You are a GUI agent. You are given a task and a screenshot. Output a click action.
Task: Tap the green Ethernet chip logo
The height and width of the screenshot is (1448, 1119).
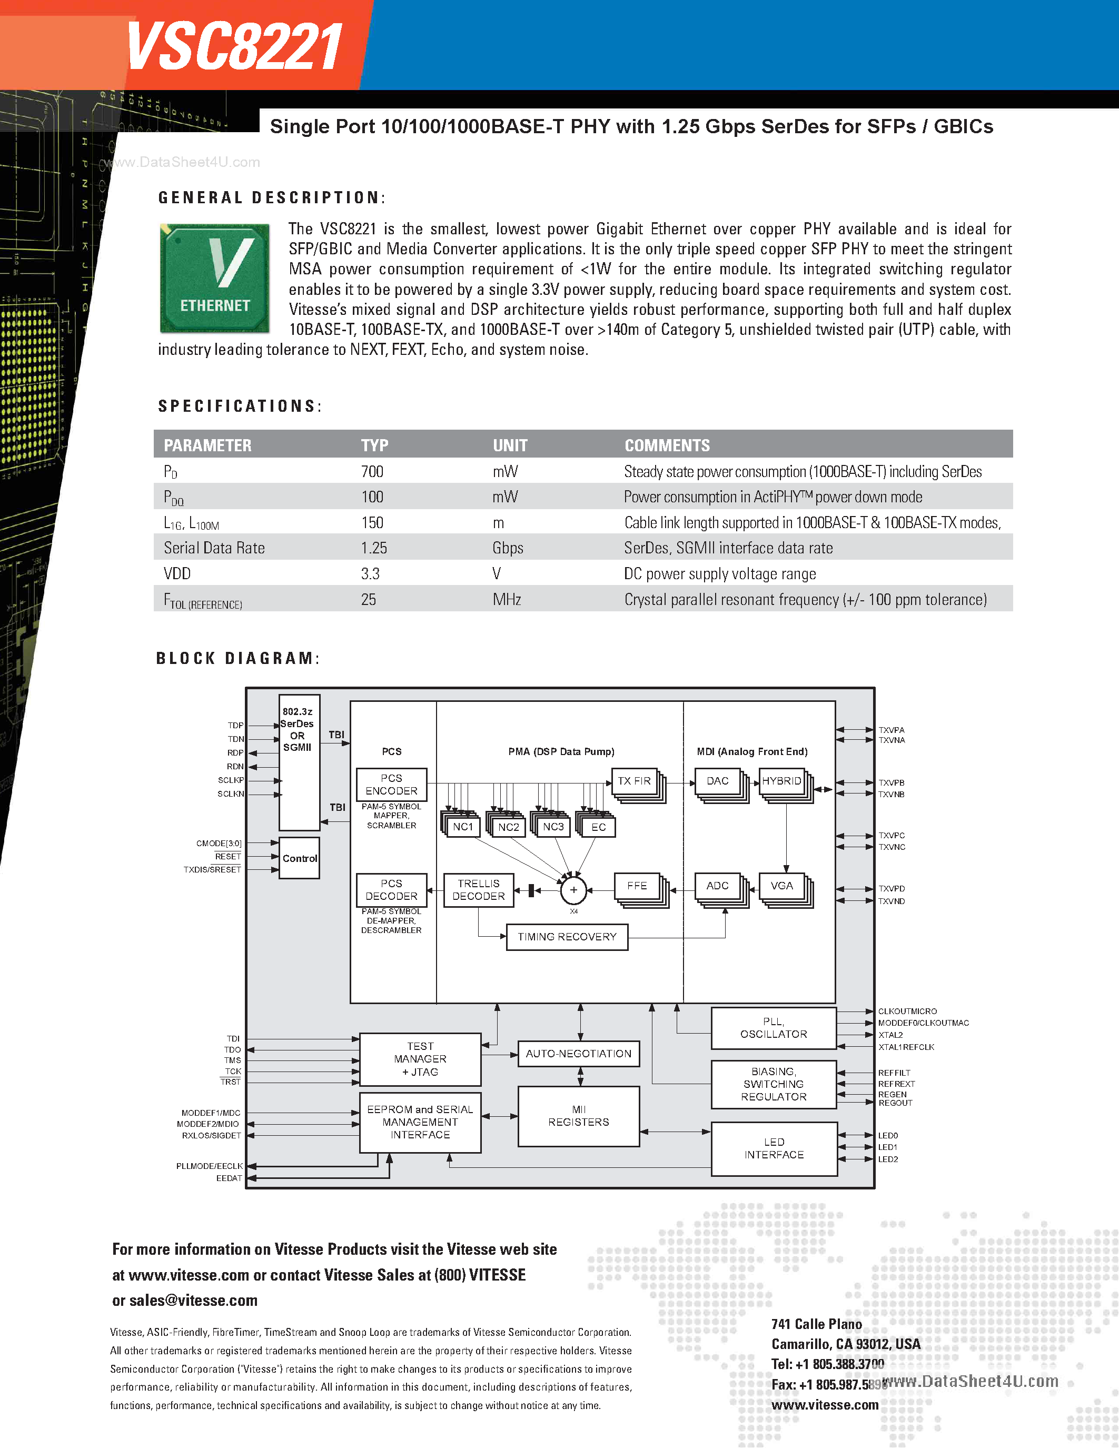tap(215, 278)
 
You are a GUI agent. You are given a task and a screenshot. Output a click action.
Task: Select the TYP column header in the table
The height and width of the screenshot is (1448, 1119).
tap(374, 445)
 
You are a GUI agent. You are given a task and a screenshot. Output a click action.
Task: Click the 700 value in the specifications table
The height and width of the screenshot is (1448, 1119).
tap(372, 471)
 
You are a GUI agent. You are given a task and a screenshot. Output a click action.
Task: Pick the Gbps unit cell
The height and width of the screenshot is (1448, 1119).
tap(508, 548)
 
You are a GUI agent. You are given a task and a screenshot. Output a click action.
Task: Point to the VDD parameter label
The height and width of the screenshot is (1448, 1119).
tap(177, 573)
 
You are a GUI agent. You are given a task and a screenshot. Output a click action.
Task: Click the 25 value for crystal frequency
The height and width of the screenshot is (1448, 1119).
tap(369, 599)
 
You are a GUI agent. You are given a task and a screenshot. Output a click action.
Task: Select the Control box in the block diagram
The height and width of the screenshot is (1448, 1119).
tap(300, 858)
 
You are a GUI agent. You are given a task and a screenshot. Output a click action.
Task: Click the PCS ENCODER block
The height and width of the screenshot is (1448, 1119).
tap(391, 785)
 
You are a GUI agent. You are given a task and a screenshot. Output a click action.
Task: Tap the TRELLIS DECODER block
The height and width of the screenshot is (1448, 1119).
tap(478, 890)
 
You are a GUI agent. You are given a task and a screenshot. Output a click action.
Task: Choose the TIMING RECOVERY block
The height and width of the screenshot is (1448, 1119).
tap(567, 937)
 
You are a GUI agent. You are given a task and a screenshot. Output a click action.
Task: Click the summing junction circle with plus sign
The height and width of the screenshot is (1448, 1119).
tap(573, 890)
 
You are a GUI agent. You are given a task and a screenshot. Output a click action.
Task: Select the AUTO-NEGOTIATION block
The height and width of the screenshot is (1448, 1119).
tap(578, 1054)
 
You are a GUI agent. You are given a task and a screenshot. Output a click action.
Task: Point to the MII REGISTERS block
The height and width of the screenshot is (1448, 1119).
tap(578, 1116)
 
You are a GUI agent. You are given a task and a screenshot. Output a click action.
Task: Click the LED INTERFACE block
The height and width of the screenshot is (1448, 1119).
tap(774, 1148)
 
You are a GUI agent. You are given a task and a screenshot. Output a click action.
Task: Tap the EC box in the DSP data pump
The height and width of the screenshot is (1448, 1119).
tap(598, 827)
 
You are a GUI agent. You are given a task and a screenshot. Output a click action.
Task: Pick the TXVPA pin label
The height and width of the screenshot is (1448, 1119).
tap(891, 730)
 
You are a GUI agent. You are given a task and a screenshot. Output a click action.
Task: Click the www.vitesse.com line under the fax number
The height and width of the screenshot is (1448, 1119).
tap(825, 1404)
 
